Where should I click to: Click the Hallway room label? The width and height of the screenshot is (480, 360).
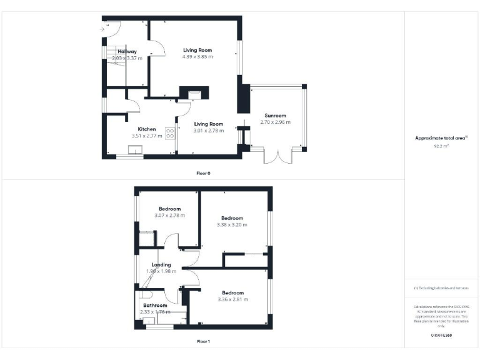pyautogui.click(x=127, y=51)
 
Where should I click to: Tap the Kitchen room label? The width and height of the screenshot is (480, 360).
pyautogui.click(x=147, y=129)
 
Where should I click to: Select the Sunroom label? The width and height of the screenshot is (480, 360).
pyautogui.click(x=275, y=116)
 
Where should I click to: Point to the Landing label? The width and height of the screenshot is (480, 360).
pyautogui.click(x=161, y=264)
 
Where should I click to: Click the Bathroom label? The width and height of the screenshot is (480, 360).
pyautogui.click(x=155, y=306)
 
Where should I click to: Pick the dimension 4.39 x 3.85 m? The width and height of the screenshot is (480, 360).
pyautogui.click(x=197, y=57)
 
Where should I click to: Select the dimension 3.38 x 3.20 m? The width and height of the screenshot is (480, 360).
pyautogui.click(x=232, y=225)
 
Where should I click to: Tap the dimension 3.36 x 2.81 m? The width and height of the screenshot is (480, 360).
pyautogui.click(x=232, y=299)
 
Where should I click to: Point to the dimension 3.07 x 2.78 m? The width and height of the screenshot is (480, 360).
pyautogui.click(x=169, y=216)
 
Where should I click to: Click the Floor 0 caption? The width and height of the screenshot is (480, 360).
pyautogui.click(x=203, y=172)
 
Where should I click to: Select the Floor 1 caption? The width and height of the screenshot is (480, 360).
pyautogui.click(x=203, y=341)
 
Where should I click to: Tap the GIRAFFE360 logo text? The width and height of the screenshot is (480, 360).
pyautogui.click(x=441, y=336)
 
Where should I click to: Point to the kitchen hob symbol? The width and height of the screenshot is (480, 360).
pyautogui.click(x=169, y=134)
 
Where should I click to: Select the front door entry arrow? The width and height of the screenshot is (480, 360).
pyautogui.click(x=102, y=28)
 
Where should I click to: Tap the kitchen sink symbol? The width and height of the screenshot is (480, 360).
pyautogui.click(x=135, y=149)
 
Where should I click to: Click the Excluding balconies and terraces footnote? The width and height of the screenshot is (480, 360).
pyautogui.click(x=441, y=288)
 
